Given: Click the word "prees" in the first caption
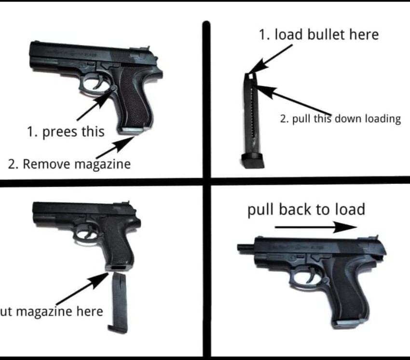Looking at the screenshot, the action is click(60, 132).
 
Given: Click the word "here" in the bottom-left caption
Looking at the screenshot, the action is click(90, 311).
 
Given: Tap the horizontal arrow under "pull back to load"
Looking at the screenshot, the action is click(316, 227).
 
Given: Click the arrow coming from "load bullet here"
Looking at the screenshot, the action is click(271, 59).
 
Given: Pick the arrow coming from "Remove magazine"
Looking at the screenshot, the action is click(115, 147).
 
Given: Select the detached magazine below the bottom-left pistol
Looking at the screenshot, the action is click(118, 303).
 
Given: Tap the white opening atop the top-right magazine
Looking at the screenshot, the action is click(251, 76).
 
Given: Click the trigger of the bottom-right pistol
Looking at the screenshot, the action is click(311, 276).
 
